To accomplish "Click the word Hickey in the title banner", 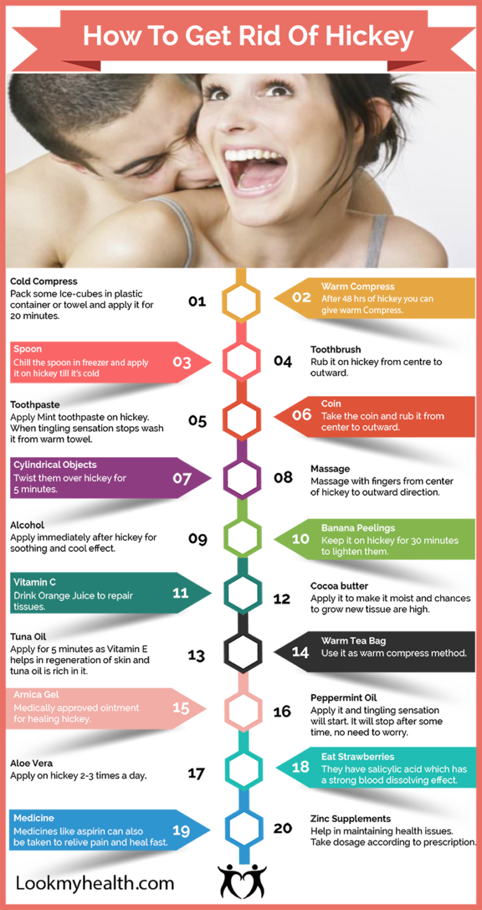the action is (369, 37).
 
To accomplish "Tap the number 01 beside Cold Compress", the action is (197, 301).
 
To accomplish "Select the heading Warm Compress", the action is (357, 286).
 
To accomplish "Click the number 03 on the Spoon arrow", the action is (182, 362).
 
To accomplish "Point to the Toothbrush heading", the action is (336, 350).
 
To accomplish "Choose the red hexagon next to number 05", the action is (242, 419).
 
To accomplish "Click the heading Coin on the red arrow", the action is (331, 403).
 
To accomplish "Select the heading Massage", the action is (330, 469).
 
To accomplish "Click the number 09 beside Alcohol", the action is (198, 539).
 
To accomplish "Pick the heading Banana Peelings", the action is (358, 528).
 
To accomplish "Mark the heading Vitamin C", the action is (34, 582).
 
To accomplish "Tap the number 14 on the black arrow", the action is (300, 653).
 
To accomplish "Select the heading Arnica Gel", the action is (36, 695).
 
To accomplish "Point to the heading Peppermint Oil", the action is (344, 697).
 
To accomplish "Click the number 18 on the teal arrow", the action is (301, 767).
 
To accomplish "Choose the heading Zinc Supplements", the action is (350, 818).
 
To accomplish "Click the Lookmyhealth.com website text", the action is (95, 884).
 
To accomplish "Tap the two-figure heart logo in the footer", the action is (242, 881).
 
